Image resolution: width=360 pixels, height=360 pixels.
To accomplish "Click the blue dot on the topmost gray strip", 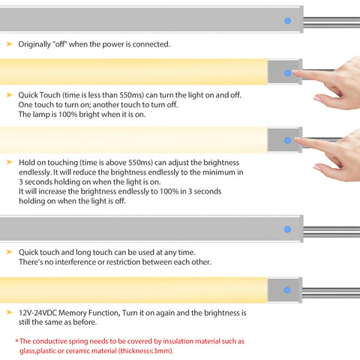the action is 287,21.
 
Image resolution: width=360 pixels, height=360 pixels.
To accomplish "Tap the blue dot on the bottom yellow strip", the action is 287,290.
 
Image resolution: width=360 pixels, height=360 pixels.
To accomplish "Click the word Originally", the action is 34,44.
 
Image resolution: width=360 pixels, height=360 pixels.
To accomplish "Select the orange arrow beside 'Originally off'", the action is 10,44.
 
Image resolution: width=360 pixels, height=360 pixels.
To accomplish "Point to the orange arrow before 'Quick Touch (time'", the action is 10,95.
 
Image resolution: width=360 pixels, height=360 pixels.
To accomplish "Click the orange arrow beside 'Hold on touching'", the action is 10,162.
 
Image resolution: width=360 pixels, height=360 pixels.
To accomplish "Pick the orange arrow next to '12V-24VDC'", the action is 10,312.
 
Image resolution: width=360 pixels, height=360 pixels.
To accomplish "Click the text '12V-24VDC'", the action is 38,313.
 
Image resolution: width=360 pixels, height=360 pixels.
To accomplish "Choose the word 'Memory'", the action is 73,313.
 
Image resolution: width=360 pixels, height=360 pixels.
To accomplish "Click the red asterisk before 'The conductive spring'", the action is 16,340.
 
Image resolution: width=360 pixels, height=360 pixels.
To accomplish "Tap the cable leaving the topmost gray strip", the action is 331,22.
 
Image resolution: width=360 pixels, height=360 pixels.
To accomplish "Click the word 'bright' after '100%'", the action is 89,115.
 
